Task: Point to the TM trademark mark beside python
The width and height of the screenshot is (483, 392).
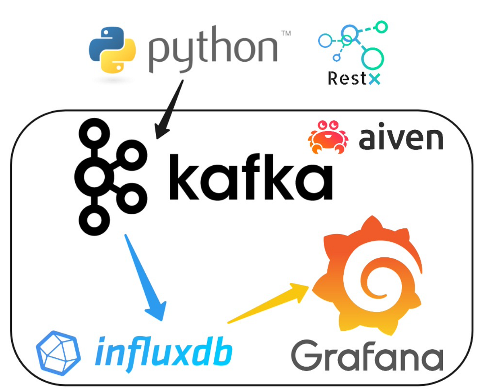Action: (x=286, y=34)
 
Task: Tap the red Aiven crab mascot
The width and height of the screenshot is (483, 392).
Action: (x=328, y=137)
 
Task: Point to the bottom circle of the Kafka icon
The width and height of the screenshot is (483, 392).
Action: (x=94, y=221)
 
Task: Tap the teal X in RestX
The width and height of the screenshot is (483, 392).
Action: (x=374, y=79)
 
